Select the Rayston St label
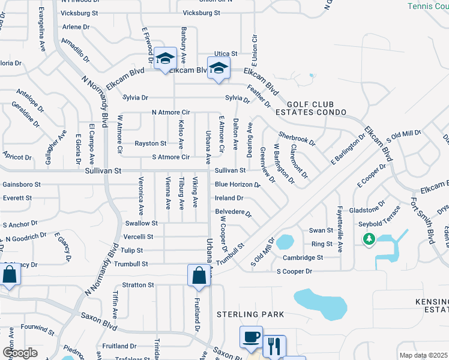tap(151, 143)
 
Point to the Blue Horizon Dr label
tap(237, 184)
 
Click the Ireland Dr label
tap(229, 197)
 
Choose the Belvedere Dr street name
tap(233, 212)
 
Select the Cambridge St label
tap(303, 257)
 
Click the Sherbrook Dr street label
tap(296, 137)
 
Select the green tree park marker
tap(369, 239)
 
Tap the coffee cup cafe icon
tap(250, 337)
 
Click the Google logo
tap(20, 353)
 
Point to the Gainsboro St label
tap(22, 184)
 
